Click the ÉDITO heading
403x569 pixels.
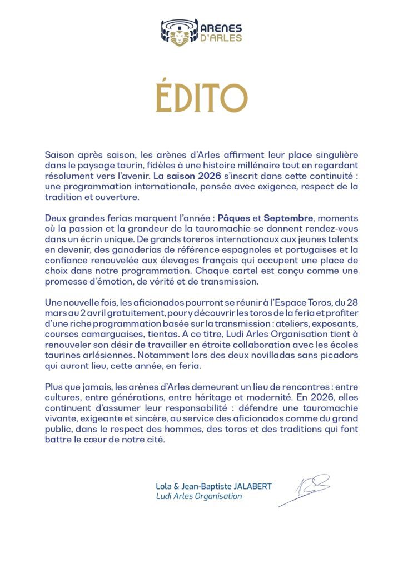(201, 98)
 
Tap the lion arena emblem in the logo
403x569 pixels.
(179, 32)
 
